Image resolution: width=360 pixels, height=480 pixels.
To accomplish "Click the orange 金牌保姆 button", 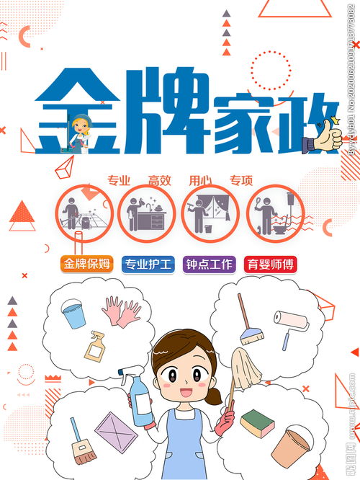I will tap(87, 264).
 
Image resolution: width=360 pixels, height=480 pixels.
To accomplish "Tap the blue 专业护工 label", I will tap(148, 264).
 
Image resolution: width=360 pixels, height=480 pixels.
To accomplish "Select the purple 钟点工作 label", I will tap(209, 264).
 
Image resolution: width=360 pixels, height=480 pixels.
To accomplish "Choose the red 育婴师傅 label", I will tap(270, 264).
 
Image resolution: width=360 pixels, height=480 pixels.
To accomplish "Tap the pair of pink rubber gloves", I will tap(120, 312).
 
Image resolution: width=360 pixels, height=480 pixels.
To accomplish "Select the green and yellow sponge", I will tap(257, 423).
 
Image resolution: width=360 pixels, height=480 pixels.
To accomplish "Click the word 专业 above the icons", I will tap(118, 180).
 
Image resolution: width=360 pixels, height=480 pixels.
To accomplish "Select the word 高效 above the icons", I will tap(159, 180).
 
